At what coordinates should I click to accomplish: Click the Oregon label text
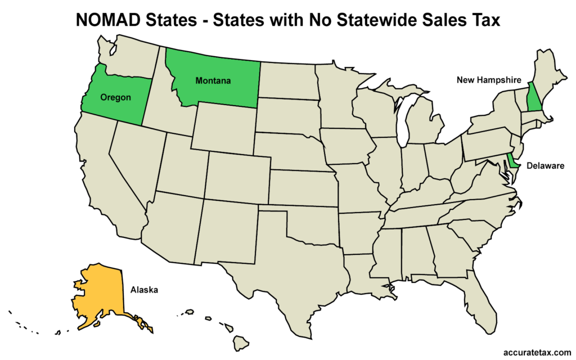click(115, 97)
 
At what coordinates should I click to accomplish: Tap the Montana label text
click(213, 81)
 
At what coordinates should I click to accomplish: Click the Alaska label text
click(144, 290)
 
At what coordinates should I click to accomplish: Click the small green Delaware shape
click(512, 162)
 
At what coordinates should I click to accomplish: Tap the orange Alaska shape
click(101, 292)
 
